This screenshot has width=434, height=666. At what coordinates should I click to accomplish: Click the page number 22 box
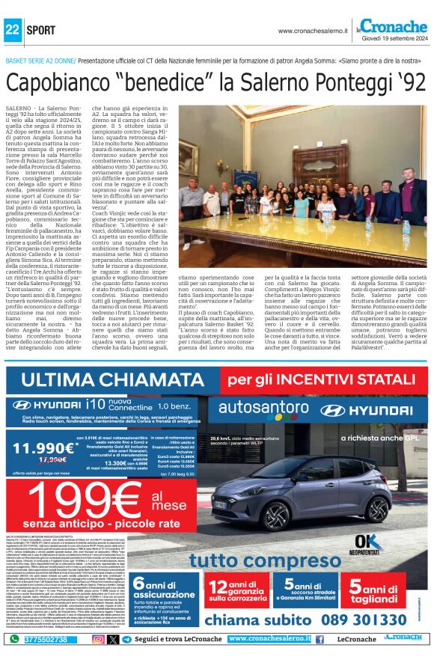(12, 30)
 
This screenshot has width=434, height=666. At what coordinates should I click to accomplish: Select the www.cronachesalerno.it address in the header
(313, 31)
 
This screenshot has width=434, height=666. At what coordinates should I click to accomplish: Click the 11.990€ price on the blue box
(46, 448)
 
